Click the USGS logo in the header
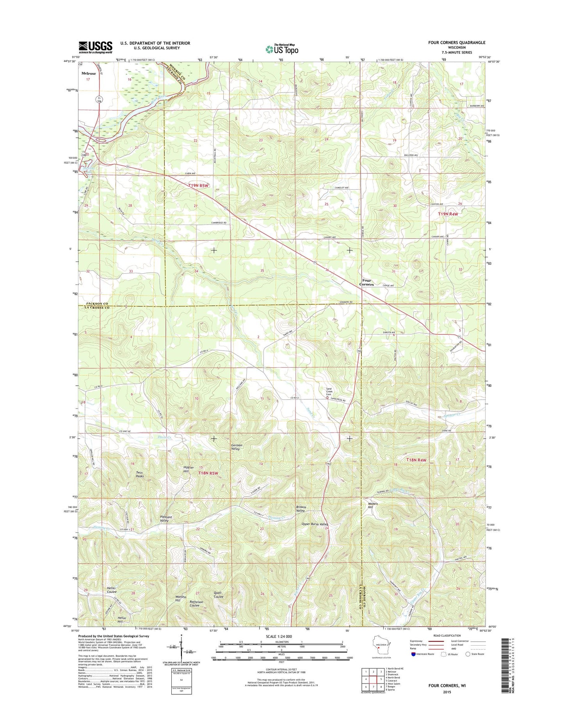(95, 47)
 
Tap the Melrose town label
(88, 73)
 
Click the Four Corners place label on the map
(367, 282)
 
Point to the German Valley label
(237, 447)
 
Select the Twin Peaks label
(140, 475)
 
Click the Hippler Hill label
(189, 469)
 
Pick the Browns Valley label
(301, 509)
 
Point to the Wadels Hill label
(373, 505)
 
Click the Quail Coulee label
(219, 594)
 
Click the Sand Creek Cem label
(329, 392)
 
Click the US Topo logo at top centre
(282, 49)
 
